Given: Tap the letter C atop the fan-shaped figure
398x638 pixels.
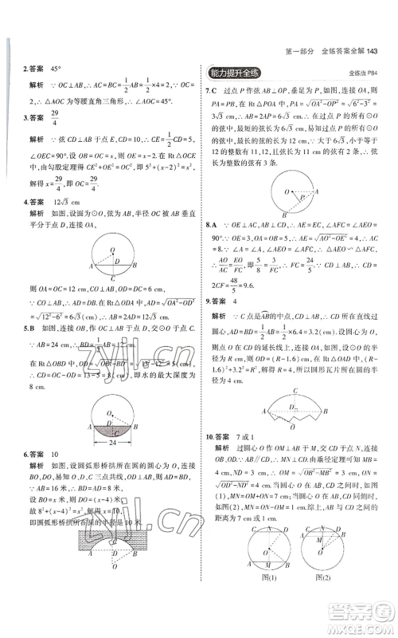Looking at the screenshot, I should tap(297, 392).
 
